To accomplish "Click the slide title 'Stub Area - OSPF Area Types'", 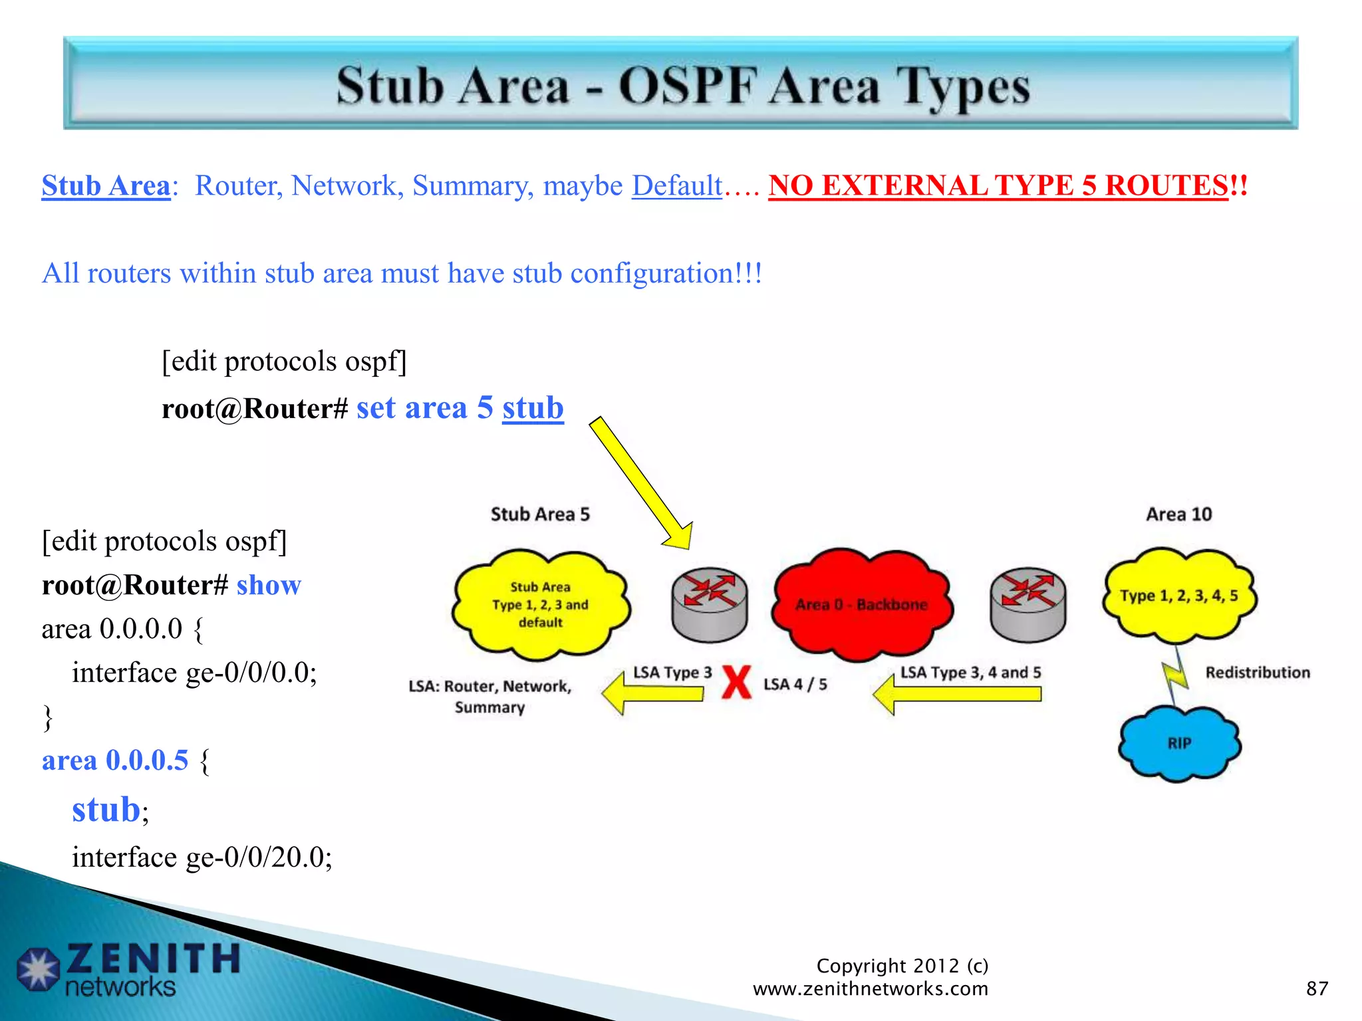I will point(682,86).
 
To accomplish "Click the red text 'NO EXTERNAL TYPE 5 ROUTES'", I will point(998,185).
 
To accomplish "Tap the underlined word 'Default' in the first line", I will point(676,185).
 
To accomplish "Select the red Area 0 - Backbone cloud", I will point(861,604).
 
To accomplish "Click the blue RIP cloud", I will point(1179,742).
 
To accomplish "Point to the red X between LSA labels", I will point(736,683).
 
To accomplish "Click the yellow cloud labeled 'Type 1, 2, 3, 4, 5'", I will point(1179,595).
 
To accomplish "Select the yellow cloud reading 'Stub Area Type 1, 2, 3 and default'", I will point(540,605).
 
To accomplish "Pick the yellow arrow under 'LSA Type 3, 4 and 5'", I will point(958,695).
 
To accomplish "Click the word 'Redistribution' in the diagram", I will point(1258,673).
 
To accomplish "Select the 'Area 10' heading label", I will point(1178,514).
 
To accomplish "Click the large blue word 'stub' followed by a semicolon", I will point(106,810).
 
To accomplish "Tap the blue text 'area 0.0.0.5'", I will point(115,760).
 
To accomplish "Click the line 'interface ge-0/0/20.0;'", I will point(202,857).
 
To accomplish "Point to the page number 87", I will point(1317,988).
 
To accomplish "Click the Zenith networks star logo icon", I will point(38,968).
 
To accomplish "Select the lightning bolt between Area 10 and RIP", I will point(1175,675).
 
